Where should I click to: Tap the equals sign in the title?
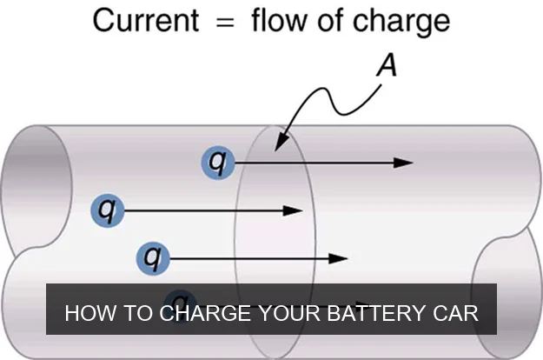point(225,21)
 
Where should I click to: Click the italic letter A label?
point(386,63)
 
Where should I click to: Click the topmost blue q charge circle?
point(218,162)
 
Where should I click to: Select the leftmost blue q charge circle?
point(108,210)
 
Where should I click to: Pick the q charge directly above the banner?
point(154,257)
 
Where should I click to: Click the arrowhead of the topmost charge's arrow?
point(405,162)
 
